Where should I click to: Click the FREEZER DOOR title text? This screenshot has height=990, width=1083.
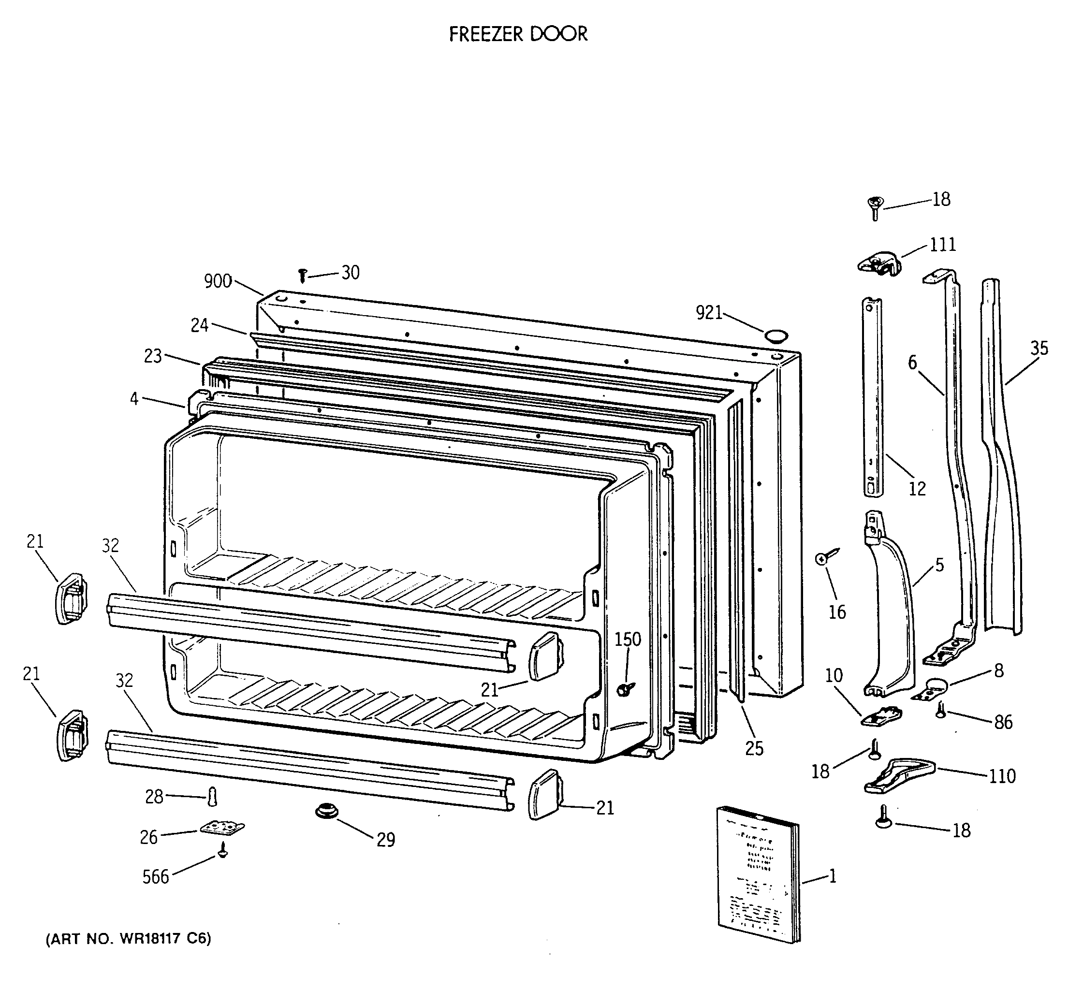click(x=518, y=34)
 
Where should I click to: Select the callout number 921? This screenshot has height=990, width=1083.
click(x=709, y=313)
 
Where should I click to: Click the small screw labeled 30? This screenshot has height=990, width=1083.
click(x=303, y=276)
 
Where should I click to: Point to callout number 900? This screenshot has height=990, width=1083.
click(x=218, y=281)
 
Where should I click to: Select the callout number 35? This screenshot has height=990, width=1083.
click(x=1039, y=348)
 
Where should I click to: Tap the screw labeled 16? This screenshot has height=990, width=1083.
click(x=825, y=557)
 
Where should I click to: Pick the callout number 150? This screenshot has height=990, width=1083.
click(x=628, y=639)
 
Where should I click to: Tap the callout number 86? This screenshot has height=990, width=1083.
click(x=1003, y=723)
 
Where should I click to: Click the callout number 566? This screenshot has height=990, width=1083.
click(x=155, y=877)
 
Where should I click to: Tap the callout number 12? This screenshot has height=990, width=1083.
click(x=917, y=488)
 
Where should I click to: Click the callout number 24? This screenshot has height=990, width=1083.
click(x=199, y=325)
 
